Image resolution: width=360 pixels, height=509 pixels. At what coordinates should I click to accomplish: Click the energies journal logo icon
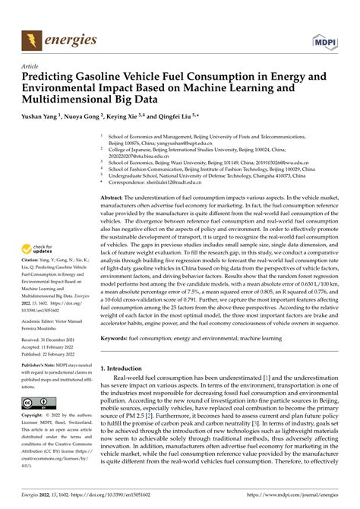pyautogui.click(x=31, y=38)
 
